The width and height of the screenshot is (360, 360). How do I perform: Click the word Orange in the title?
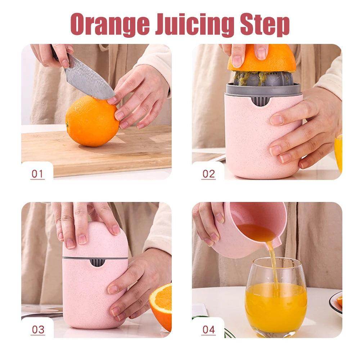pyautogui.click(x=109, y=24)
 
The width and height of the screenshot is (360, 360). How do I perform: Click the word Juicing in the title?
pyautogui.click(x=191, y=24)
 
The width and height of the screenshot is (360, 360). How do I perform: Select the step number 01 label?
pyautogui.click(x=37, y=174)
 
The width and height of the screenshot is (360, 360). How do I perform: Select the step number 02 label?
pyautogui.click(x=208, y=174)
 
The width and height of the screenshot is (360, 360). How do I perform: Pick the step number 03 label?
pyautogui.click(x=37, y=329)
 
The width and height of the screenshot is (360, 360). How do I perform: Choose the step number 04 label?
pyautogui.click(x=208, y=329)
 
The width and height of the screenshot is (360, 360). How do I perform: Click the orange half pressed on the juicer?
pyautogui.click(x=262, y=59)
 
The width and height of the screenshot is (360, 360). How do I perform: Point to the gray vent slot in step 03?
pyautogui.click(x=96, y=262)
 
